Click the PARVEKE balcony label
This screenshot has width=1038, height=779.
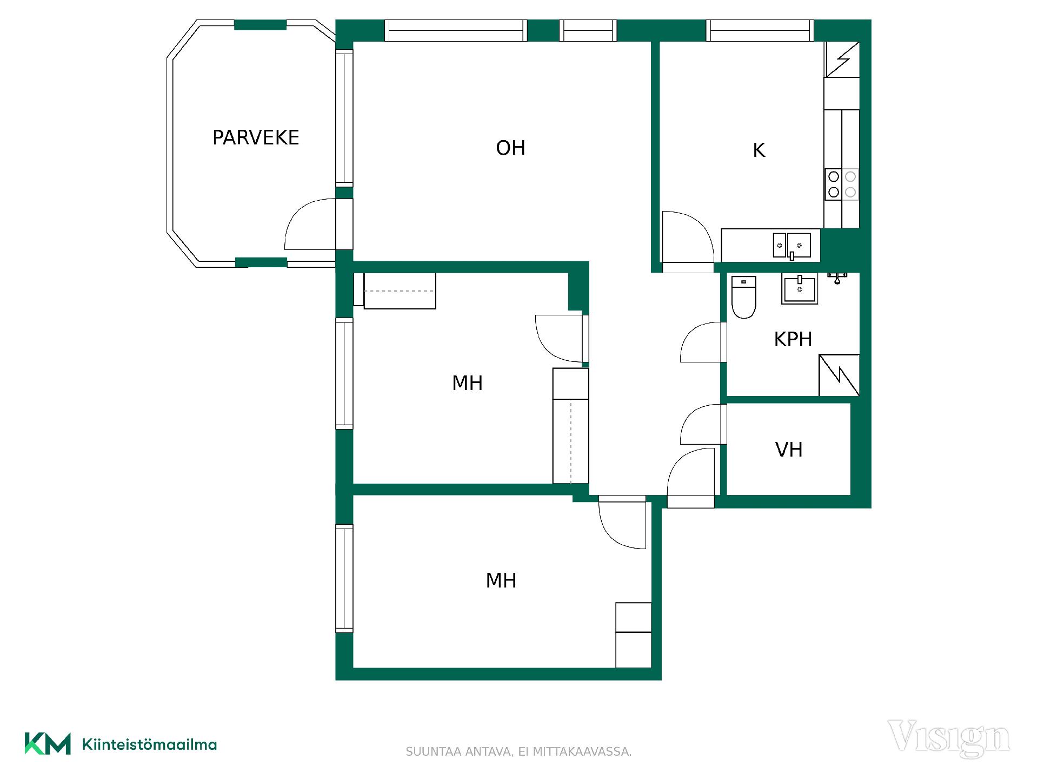[256, 137]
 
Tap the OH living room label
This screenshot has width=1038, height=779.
[510, 148]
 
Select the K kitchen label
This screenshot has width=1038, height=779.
[759, 150]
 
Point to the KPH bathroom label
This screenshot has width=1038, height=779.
[793, 339]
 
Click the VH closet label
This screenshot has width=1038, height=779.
[789, 450]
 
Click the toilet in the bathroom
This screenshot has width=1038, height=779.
[743, 297]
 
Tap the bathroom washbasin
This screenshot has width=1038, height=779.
[800, 289]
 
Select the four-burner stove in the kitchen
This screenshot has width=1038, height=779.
[842, 184]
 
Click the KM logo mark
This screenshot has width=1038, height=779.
[48, 744]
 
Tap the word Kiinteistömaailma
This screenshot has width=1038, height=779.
[149, 744]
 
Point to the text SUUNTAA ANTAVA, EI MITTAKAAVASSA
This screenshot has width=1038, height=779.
[518, 751]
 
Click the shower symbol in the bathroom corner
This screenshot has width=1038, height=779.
[839, 375]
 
